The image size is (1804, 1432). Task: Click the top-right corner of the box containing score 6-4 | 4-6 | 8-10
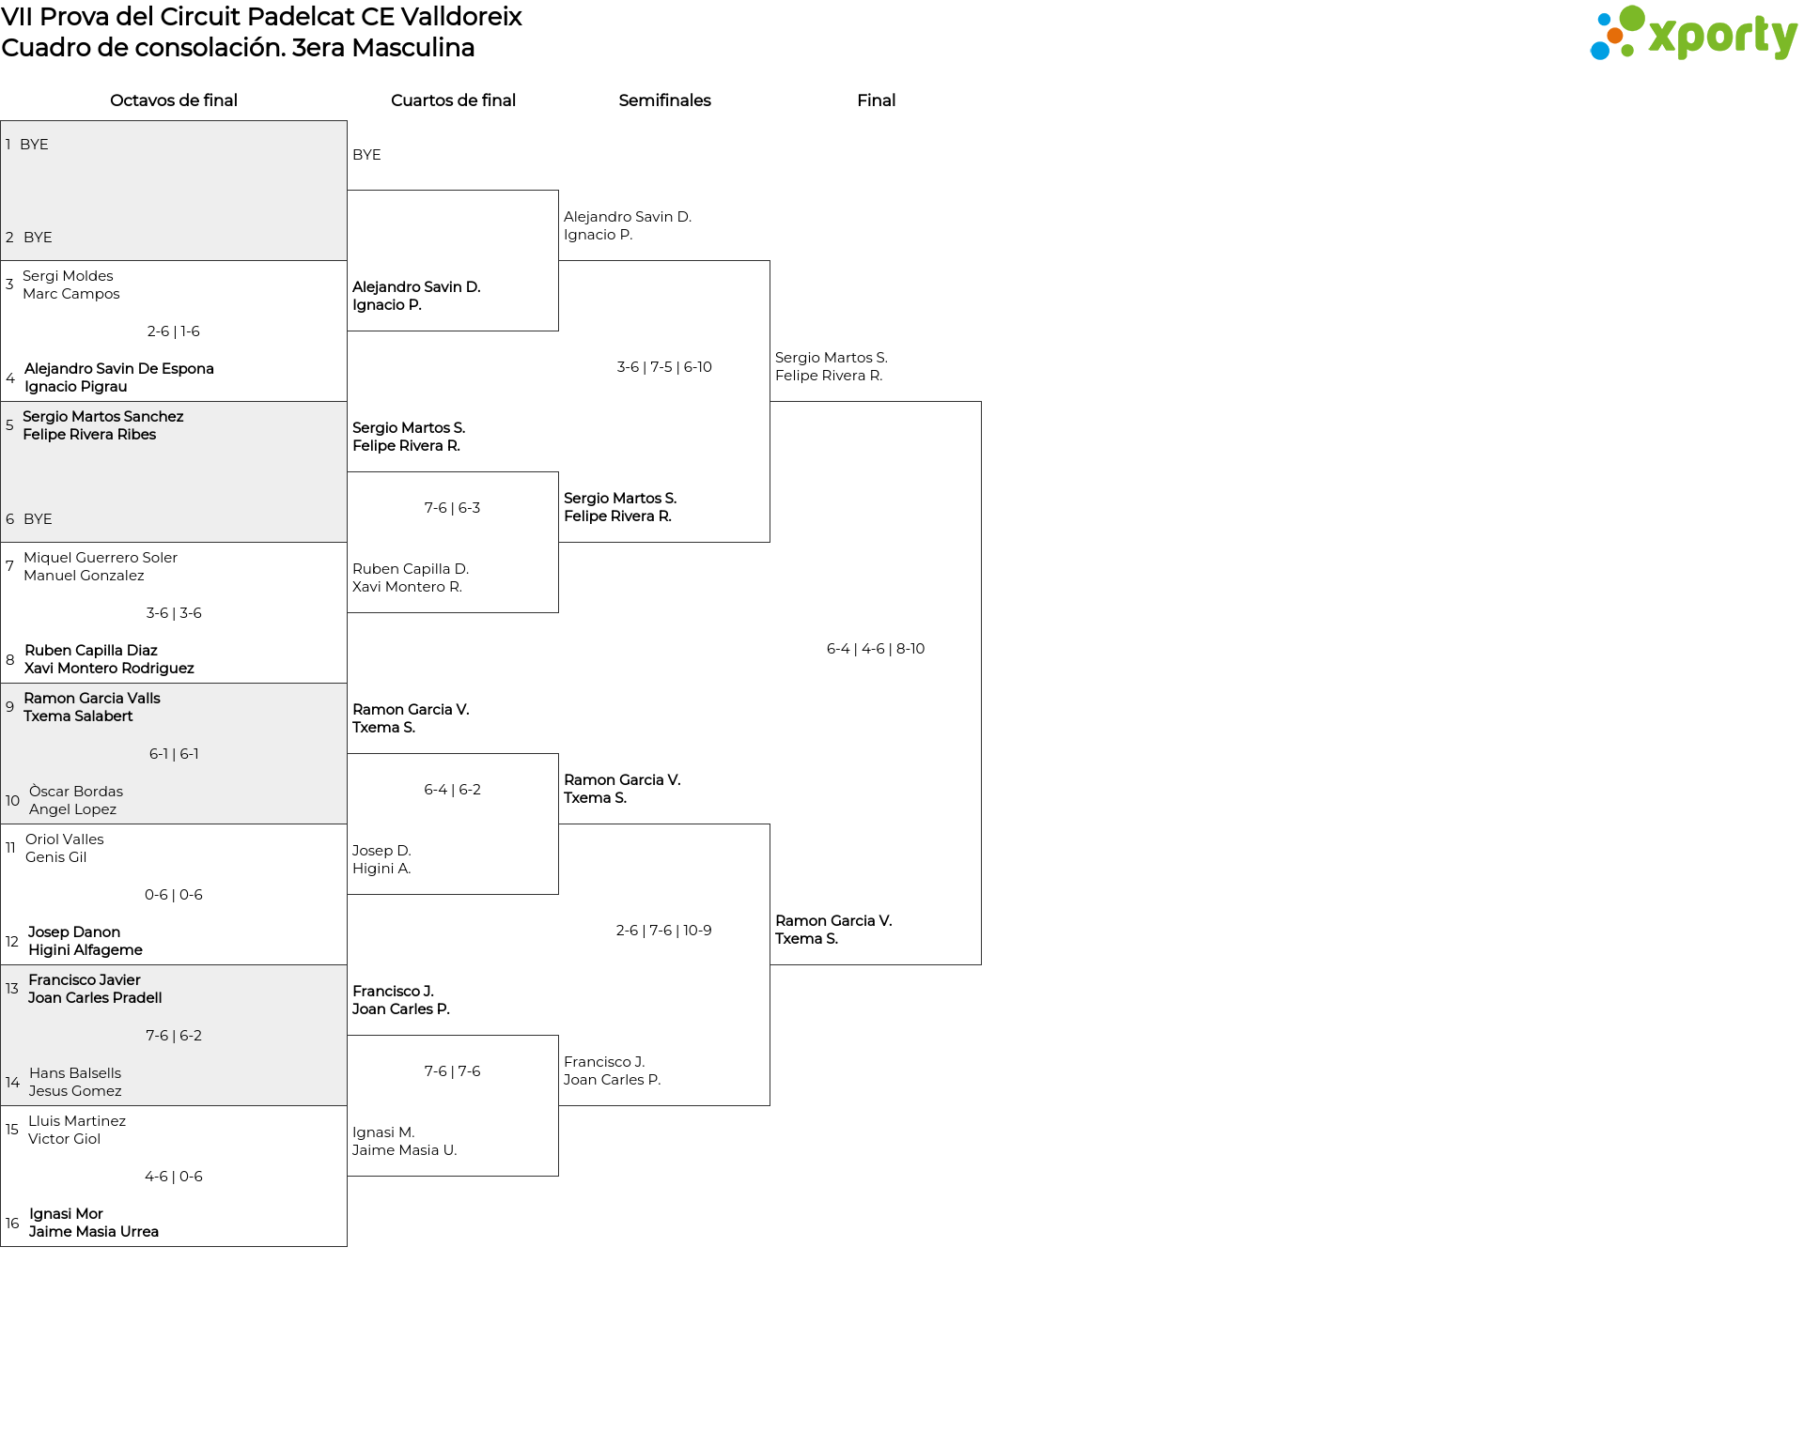pyautogui.click(x=981, y=402)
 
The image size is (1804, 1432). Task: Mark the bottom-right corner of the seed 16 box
pyautogui.click(x=347, y=1246)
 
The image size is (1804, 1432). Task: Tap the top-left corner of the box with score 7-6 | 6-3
pyautogui.click(x=348, y=472)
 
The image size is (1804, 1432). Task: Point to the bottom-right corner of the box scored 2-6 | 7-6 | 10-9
pyautogui.click(x=770, y=1105)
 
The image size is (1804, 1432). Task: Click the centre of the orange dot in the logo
pyautogui.click(x=1615, y=36)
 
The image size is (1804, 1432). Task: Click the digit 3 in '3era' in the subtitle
pyautogui.click(x=297, y=48)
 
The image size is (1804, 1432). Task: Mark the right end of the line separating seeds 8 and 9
pyautogui.click(x=347, y=683)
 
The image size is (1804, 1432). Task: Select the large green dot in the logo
pyautogui.click(x=1632, y=19)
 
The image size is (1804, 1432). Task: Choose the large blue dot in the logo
pyautogui.click(x=1600, y=50)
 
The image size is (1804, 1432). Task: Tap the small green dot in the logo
pyautogui.click(x=1627, y=51)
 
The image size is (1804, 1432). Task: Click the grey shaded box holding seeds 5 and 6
pyautogui.click(x=174, y=472)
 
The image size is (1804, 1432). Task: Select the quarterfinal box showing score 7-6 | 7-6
pyautogui.click(x=453, y=1105)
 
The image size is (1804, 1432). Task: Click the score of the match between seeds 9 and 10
pyautogui.click(x=174, y=754)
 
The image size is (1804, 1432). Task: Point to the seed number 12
pyautogui.click(x=12, y=942)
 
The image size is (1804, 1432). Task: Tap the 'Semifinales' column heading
pyautogui.click(x=664, y=100)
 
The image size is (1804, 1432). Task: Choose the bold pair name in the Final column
pyautogui.click(x=833, y=930)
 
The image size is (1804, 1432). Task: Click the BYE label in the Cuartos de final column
pyautogui.click(x=366, y=155)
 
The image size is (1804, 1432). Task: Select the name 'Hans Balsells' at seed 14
pyautogui.click(x=75, y=1073)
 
